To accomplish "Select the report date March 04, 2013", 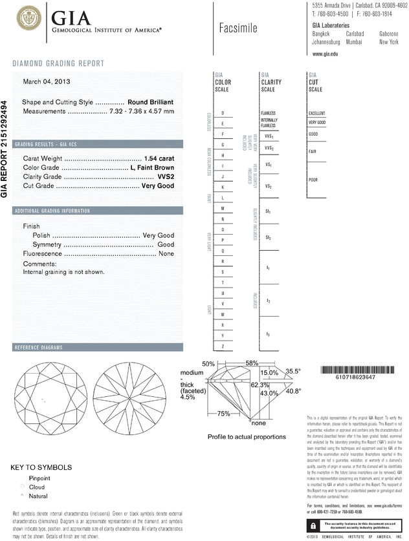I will [47, 81].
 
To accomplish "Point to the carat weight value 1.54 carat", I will [160, 158].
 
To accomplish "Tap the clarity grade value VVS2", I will [166, 176].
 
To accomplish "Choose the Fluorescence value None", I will [166, 255].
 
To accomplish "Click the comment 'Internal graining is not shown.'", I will [63, 272].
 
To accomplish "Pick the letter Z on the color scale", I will [223, 346].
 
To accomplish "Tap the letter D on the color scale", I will [223, 113].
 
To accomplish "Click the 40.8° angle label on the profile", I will [294, 390].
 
